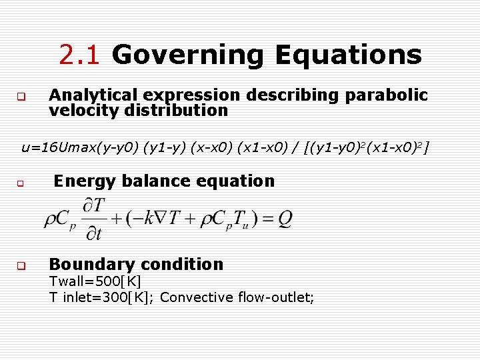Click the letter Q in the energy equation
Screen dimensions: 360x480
coord(285,219)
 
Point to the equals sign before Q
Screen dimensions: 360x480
coord(266,219)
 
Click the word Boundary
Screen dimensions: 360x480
coord(91,264)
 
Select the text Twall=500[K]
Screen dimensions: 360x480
coord(95,281)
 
